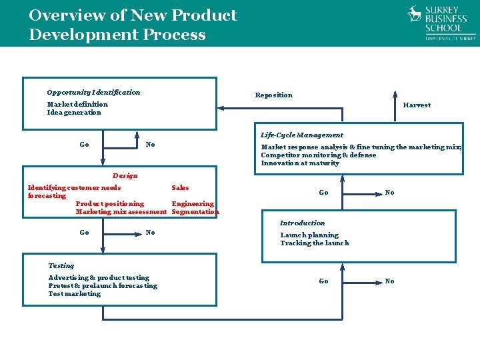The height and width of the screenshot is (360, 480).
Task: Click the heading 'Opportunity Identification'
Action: pyautogui.click(x=93, y=93)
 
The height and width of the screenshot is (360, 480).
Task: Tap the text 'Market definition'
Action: pyautogui.click(x=77, y=105)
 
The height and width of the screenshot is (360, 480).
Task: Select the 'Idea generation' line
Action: pyautogui.click(x=74, y=113)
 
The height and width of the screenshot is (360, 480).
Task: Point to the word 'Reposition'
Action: pyautogui.click(x=273, y=95)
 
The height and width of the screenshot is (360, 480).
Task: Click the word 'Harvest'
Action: pyautogui.click(x=417, y=105)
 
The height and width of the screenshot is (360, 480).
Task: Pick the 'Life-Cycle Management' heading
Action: pyautogui.click(x=302, y=135)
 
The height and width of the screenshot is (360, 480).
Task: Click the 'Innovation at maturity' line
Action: pyautogui.click(x=300, y=163)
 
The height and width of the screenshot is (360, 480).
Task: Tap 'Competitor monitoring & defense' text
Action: pyautogui.click(x=318, y=155)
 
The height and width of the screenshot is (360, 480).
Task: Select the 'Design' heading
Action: pyautogui.click(x=125, y=176)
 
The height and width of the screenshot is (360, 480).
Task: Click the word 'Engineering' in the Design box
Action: pyautogui.click(x=193, y=204)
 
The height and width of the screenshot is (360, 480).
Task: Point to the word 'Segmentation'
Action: pyautogui.click(x=195, y=212)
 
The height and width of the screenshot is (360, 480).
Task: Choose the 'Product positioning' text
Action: pyautogui.click(x=110, y=204)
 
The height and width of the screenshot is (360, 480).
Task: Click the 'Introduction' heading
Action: pyautogui.click(x=303, y=223)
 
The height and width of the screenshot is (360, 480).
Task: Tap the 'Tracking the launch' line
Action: pyautogui.click(x=314, y=243)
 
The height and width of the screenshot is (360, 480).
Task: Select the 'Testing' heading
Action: pyautogui.click(x=61, y=266)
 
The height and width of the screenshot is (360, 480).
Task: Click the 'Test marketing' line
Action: pyautogui.click(x=75, y=294)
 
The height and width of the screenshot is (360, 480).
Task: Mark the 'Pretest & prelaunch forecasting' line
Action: pyautogui.click(x=103, y=286)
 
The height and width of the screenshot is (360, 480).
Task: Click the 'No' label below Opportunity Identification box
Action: pyautogui.click(x=151, y=145)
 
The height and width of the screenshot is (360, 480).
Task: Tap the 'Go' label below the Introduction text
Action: pyautogui.click(x=323, y=281)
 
